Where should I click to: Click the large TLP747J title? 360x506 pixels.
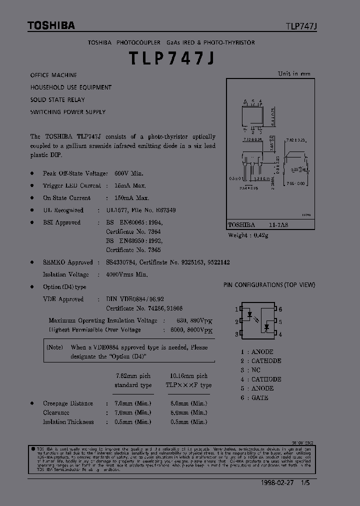pos(172,59)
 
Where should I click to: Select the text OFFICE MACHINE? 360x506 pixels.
pos(53,75)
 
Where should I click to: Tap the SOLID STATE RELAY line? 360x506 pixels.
pos(57,99)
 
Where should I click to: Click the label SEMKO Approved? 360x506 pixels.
pos(67,262)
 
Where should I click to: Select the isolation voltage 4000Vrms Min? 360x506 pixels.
pos(126,274)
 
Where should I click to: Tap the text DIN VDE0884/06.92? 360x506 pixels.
pos(135,299)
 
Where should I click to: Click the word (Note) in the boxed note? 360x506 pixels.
pos(54,347)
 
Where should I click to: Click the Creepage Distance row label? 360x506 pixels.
pos(68,403)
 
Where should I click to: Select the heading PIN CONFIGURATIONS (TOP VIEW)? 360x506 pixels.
pos(269,285)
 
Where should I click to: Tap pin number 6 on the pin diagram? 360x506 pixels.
pos(280,309)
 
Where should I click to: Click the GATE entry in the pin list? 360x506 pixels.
pos(260,397)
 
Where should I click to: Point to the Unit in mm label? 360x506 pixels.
pos(294,73)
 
